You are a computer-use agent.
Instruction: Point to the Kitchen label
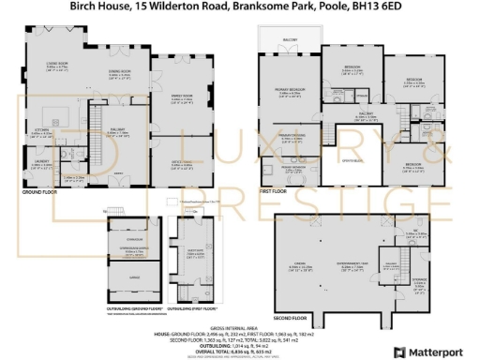click(x=42, y=130)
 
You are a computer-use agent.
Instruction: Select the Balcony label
click(x=289, y=40)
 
